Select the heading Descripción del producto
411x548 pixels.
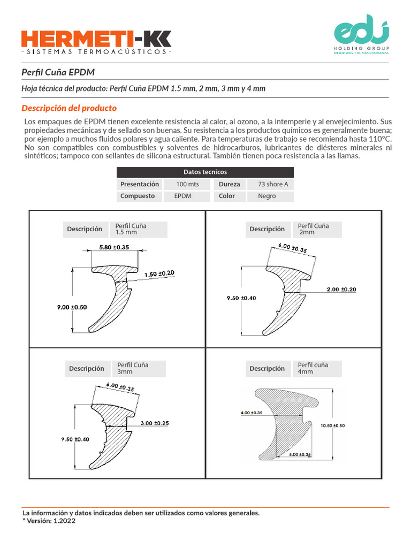click(68, 108)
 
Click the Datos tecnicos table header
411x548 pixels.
click(205, 172)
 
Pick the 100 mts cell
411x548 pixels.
click(187, 184)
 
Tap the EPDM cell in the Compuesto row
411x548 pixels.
click(183, 196)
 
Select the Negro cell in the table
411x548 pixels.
click(267, 196)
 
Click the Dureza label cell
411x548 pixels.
click(229, 184)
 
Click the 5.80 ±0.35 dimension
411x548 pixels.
click(115, 247)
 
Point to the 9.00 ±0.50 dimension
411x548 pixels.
click(72, 307)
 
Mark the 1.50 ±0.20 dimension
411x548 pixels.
click(159, 273)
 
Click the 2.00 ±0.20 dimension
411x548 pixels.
click(341, 290)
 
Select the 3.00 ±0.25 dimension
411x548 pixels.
click(155, 423)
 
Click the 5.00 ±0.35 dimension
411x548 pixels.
click(300, 454)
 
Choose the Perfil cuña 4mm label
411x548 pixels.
click(313, 368)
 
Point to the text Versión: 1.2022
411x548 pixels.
click(51, 520)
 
